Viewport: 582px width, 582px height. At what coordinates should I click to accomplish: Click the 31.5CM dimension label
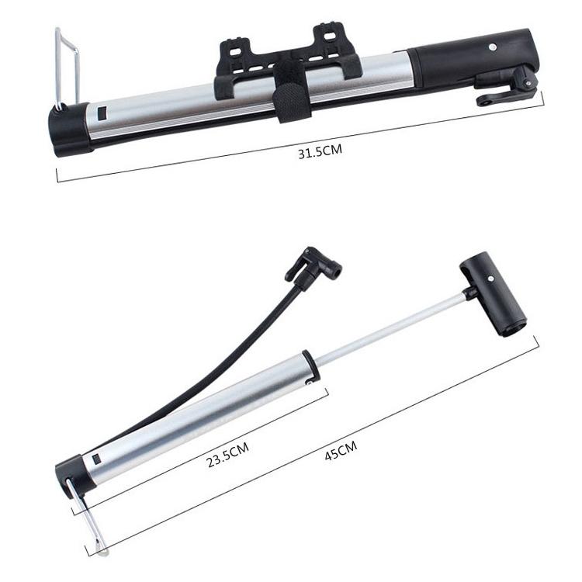(320, 153)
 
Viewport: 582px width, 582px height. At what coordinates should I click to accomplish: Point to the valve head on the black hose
(314, 265)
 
